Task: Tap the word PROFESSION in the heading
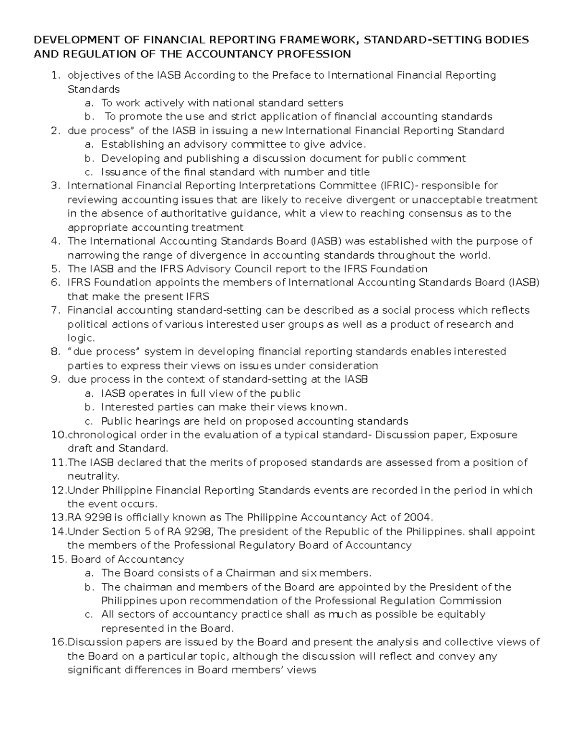tap(310, 54)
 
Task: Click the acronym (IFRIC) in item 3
tap(398, 186)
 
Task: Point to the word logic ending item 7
tap(80, 338)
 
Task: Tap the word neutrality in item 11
tap(92, 476)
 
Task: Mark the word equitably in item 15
tap(461, 615)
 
